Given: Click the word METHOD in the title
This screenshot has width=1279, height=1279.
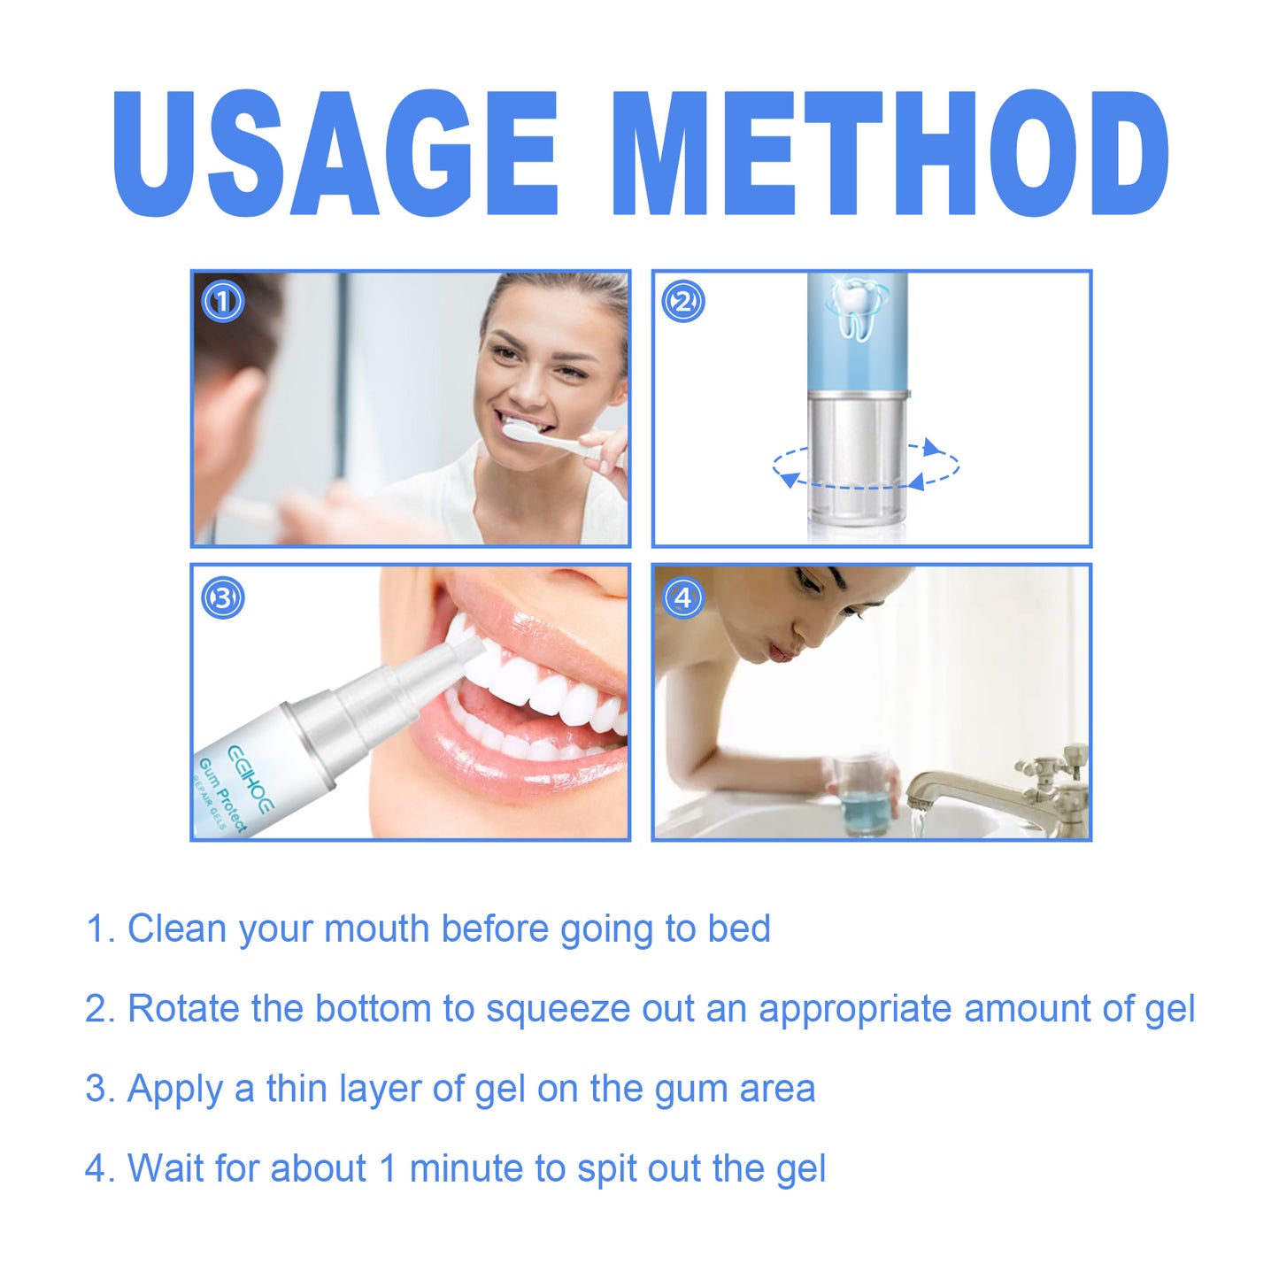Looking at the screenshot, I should tap(890, 155).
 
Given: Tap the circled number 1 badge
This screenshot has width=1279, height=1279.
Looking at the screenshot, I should tap(222, 302).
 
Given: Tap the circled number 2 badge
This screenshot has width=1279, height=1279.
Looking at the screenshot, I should tap(682, 302).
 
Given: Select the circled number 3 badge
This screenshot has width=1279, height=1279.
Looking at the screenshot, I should tap(222, 597).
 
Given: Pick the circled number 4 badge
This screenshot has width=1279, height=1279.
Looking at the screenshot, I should tap(682, 597).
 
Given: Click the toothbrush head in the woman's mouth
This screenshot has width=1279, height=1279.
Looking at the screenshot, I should tap(521, 431).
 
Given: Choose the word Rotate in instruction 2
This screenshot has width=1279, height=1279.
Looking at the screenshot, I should tap(183, 1009).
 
